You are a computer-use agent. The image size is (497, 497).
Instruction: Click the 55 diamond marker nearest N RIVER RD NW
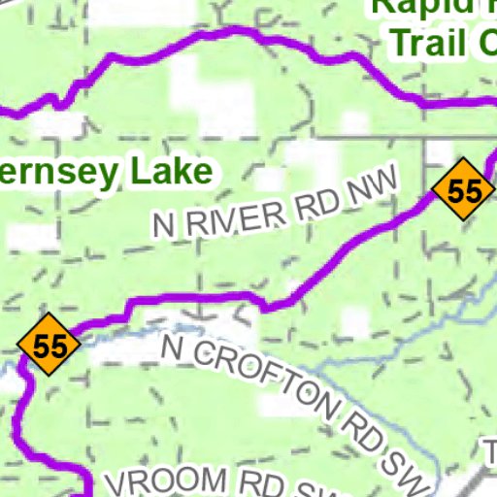464,190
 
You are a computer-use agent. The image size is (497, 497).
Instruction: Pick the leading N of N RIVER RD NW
164,226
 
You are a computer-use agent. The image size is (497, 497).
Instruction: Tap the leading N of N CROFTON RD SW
174,348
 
